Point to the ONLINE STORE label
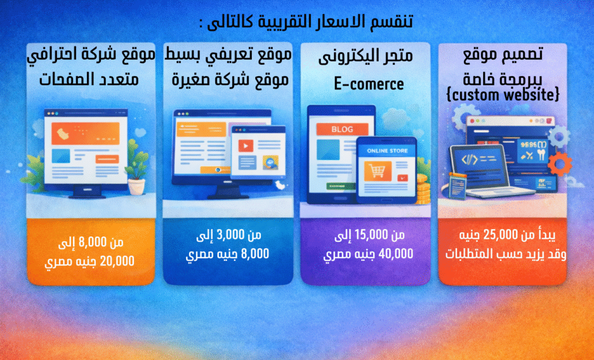[x=387, y=151]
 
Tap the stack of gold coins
[x=422, y=191]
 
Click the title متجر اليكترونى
[x=366, y=57]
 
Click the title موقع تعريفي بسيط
[x=228, y=56]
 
